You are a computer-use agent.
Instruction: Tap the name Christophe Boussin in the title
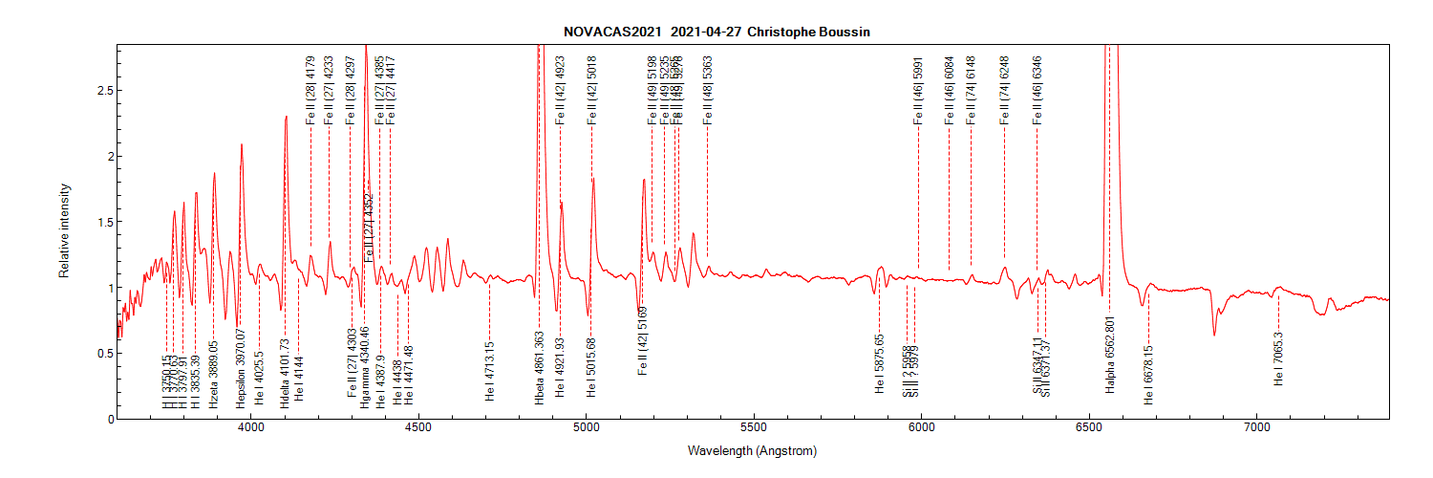point(809,32)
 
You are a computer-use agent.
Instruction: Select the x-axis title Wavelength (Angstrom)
point(752,450)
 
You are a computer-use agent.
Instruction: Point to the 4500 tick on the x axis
point(418,429)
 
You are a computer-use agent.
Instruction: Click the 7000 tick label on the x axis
point(1256,429)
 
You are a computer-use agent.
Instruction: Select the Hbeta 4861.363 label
point(539,369)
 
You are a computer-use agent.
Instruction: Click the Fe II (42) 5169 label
point(642,339)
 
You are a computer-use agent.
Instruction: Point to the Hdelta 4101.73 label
point(285,374)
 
